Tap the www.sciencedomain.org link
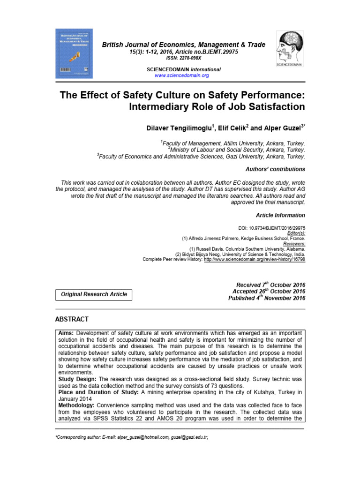pyautogui.click(x=181, y=75)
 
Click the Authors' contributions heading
pyautogui.click(x=275, y=169)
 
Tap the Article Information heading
pyautogui.click(x=280, y=215)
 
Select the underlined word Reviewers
pyautogui.click(x=293, y=243)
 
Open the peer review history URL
pyautogui.click(x=255, y=259)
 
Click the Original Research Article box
pyautogui.click(x=94, y=294)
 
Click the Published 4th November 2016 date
pyautogui.click(x=266, y=298)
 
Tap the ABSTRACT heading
pyautogui.click(x=72, y=319)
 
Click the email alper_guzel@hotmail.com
pyautogui.click(x=142, y=437)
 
